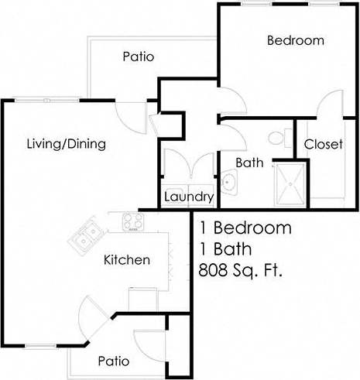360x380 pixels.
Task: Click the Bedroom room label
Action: pyautogui.click(x=295, y=41)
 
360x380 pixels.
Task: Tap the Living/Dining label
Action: pyautogui.click(x=66, y=144)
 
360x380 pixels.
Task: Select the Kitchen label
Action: pyautogui.click(x=126, y=260)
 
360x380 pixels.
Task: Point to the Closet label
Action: pyautogui.click(x=323, y=145)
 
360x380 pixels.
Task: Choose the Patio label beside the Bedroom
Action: pyautogui.click(x=139, y=56)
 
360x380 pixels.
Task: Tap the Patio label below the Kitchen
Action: pyautogui.click(x=113, y=361)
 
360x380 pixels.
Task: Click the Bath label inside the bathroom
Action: pyautogui.click(x=250, y=163)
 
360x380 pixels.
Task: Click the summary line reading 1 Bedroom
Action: pyautogui.click(x=245, y=228)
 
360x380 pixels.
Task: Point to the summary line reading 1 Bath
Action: pyautogui.click(x=228, y=250)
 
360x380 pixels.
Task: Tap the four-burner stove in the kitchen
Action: pyautogui.click(x=132, y=222)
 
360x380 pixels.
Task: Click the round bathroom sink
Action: pyautogui.click(x=228, y=182)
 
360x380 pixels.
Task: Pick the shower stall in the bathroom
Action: pyautogui.click(x=290, y=184)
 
